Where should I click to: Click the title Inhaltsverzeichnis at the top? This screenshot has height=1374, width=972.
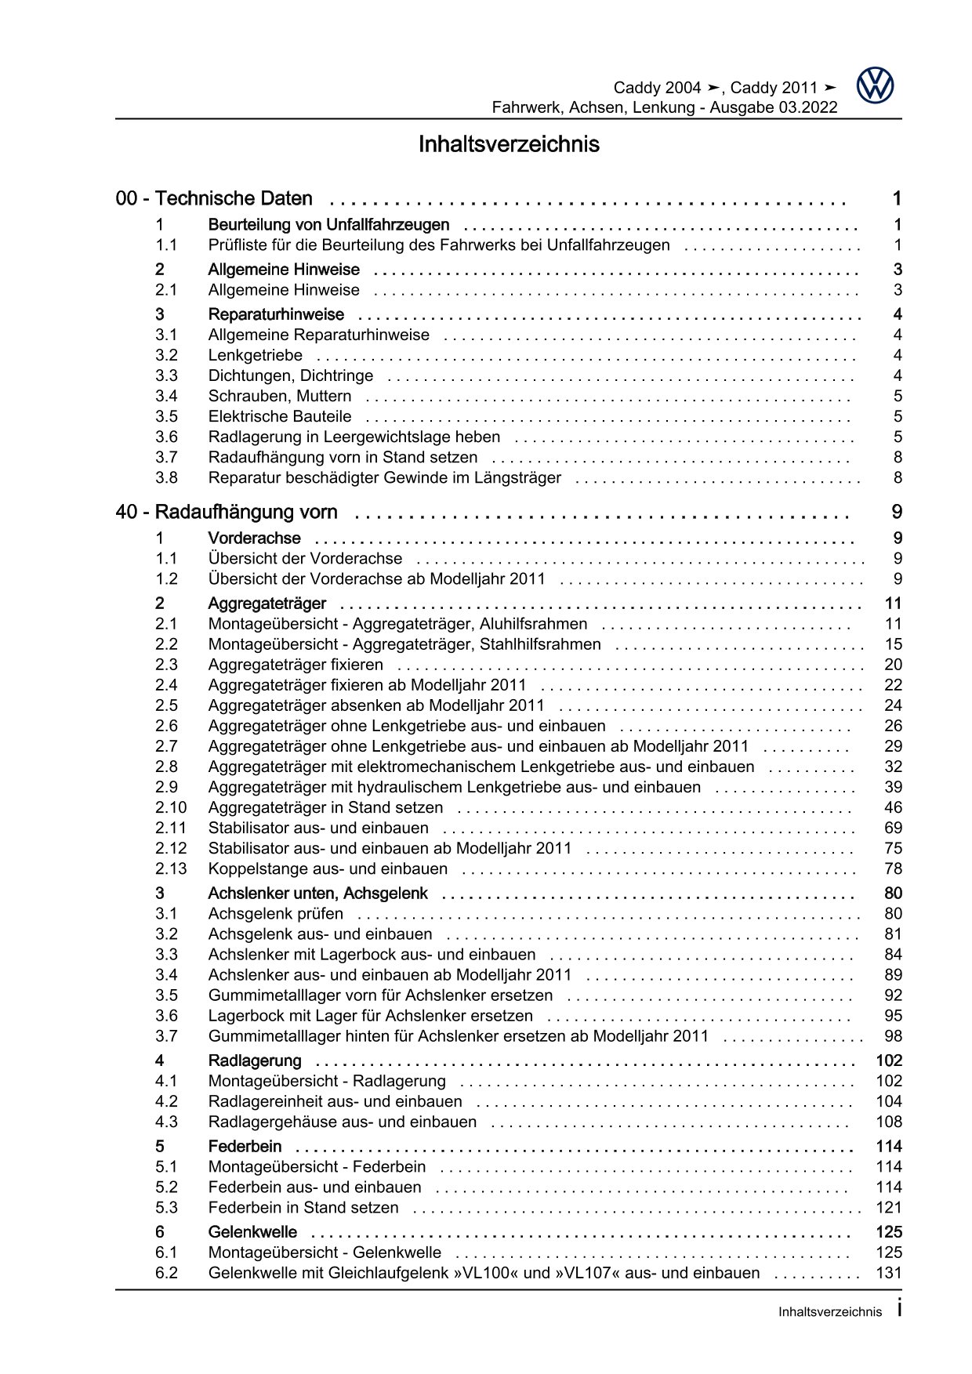(x=509, y=144)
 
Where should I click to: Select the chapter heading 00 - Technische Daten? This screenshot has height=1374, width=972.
(x=214, y=199)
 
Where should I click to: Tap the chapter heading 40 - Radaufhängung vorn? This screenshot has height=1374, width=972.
(x=227, y=513)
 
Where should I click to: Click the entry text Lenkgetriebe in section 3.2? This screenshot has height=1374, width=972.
(x=255, y=355)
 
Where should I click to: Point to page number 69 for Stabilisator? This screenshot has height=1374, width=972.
(x=893, y=828)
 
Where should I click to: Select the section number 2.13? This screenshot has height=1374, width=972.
(x=171, y=868)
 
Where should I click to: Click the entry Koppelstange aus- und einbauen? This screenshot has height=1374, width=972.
(x=328, y=868)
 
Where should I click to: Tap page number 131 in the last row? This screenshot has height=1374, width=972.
(x=889, y=1273)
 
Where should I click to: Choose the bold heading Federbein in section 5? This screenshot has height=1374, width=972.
(x=245, y=1146)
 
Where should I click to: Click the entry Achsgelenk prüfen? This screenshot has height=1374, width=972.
(x=275, y=913)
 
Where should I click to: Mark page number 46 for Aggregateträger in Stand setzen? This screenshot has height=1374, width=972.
(x=893, y=807)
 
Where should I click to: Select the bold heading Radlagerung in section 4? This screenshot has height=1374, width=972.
(x=254, y=1060)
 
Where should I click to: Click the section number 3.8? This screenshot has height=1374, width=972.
(x=166, y=477)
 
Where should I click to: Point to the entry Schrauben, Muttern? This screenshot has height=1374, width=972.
(x=279, y=396)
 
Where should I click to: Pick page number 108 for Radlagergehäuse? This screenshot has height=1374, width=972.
(x=889, y=1122)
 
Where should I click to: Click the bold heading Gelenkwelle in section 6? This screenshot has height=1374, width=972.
(x=252, y=1232)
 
